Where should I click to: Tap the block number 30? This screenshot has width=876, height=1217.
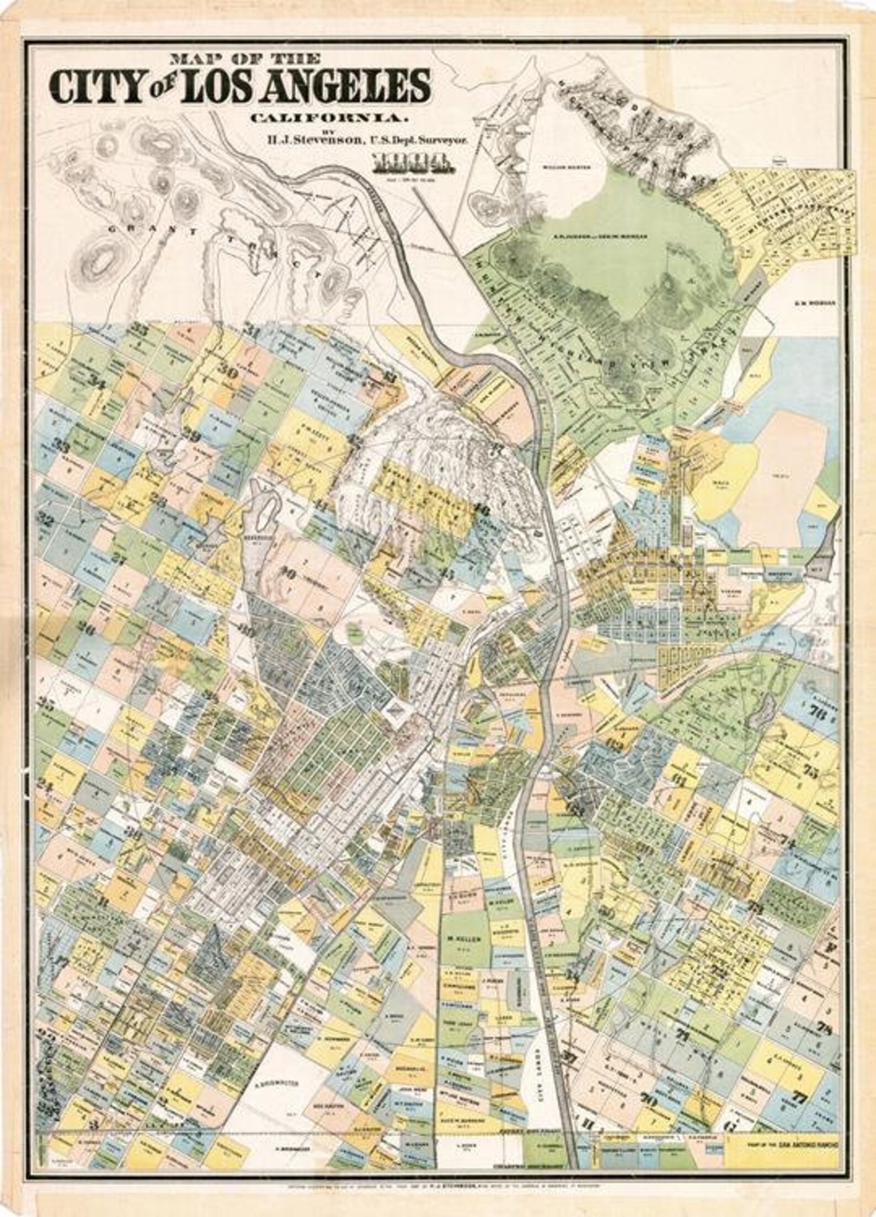coord(228,373)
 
